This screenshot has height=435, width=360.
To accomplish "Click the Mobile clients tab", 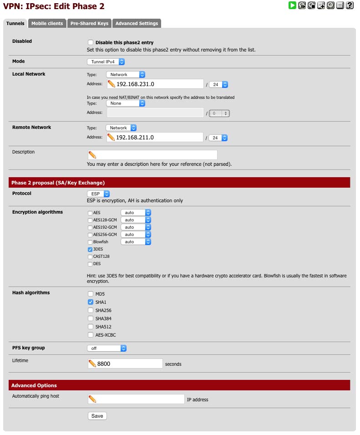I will click(x=47, y=23).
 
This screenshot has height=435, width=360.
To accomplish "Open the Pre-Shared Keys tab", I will click(x=89, y=23).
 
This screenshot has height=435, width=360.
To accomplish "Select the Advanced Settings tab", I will click(x=137, y=23).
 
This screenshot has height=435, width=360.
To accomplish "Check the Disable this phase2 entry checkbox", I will click(x=90, y=42).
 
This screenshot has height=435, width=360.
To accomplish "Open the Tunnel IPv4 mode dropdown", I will click(x=106, y=61).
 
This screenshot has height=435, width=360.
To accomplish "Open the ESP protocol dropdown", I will click(x=98, y=194).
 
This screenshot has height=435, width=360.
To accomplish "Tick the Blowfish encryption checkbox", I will click(x=90, y=242).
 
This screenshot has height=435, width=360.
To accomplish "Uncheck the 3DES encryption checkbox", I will click(x=90, y=249).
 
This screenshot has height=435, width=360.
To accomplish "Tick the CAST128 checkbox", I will click(x=90, y=256).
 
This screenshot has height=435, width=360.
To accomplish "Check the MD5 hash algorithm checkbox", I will click(x=90, y=294).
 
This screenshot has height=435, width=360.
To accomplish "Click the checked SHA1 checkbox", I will click(x=90, y=302).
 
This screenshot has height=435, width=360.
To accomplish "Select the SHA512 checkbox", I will click(x=90, y=327).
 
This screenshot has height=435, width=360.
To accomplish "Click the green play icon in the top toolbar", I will click(x=292, y=5).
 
